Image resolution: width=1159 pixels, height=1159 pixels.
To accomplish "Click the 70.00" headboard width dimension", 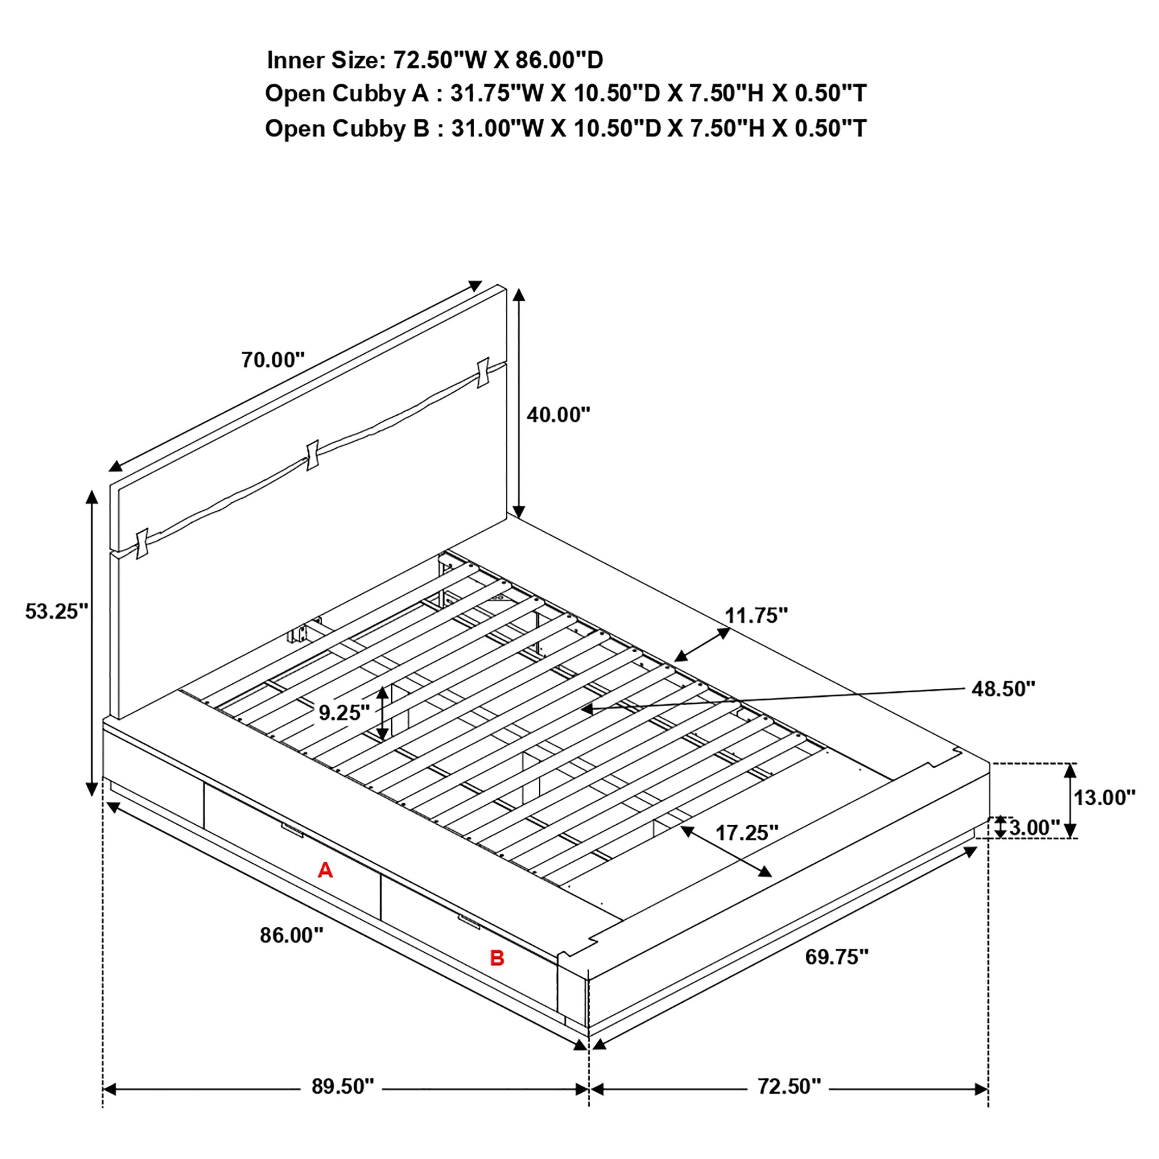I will coord(273,360).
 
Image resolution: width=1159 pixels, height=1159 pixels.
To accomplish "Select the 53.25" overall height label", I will coord(57,611).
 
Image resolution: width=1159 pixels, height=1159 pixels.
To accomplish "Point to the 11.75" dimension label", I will coord(756,616).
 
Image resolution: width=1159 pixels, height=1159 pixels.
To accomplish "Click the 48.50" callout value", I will coord(1004,689).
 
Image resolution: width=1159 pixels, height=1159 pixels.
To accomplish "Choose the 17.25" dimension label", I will coord(747,833).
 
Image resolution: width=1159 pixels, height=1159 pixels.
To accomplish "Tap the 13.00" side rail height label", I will coord(1104,798).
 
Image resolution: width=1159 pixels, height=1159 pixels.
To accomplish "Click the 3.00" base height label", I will coord(1034,828).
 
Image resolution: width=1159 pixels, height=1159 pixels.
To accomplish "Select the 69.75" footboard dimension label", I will coord(837,957).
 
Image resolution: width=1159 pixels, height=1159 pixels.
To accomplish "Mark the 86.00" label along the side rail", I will coord(292,935).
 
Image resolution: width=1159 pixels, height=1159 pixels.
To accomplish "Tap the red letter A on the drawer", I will coord(325,870).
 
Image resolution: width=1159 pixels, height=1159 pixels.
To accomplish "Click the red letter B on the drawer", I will coord(497,958).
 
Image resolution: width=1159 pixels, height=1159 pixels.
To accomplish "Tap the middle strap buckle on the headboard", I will coord(312,456).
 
